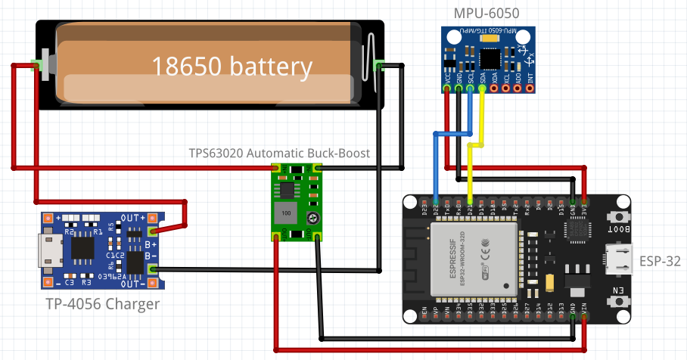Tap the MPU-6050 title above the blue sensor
pos(486,13)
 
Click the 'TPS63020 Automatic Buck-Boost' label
pos(279,153)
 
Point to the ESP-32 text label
pos(660,261)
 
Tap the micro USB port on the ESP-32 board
pos(618,259)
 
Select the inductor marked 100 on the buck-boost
pos(286,212)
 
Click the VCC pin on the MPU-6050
pos(447,88)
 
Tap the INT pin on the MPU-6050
pos(530,88)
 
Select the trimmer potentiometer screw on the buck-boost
pos(311,219)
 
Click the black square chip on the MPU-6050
pos(490,57)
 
